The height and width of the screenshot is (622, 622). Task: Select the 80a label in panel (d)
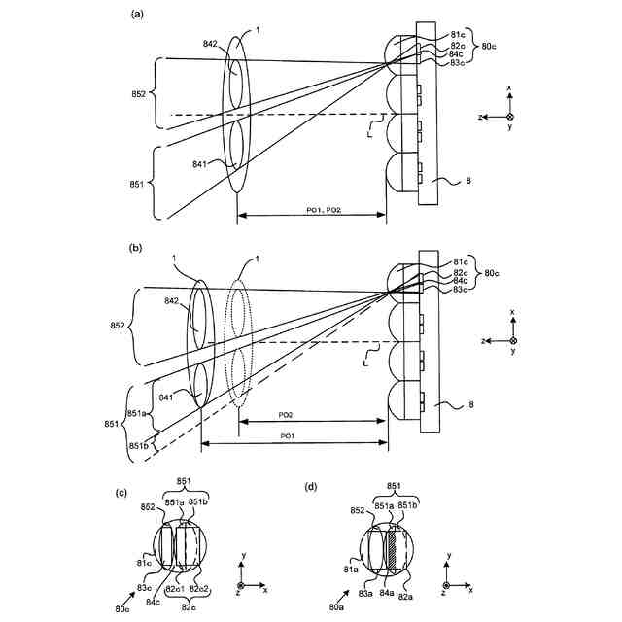[335, 608]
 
